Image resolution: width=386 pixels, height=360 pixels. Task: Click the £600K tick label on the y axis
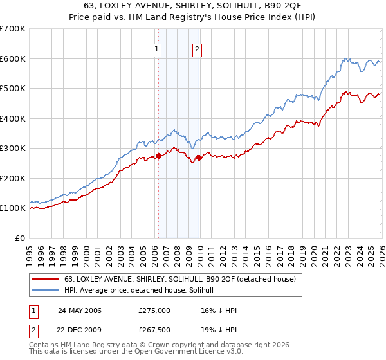click(13, 59)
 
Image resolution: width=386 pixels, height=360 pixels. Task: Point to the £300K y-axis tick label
click(13, 148)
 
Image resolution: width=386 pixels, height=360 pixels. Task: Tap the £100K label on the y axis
click(13, 208)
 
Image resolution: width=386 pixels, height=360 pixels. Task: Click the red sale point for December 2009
click(199, 157)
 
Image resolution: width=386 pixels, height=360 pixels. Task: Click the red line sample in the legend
click(45, 279)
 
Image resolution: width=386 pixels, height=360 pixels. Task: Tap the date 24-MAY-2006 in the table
click(79, 310)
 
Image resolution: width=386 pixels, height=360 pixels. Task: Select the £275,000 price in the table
click(154, 310)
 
